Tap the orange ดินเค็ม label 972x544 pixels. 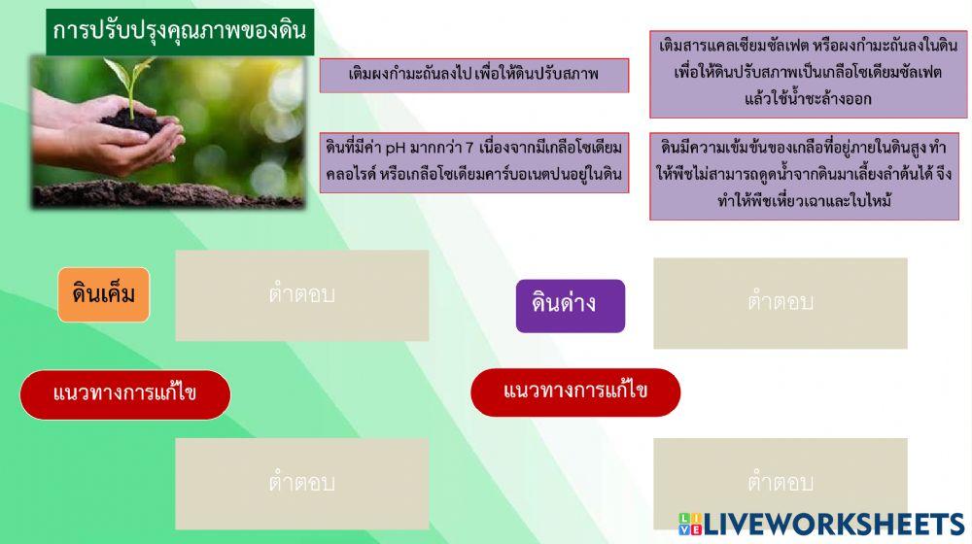[103, 294]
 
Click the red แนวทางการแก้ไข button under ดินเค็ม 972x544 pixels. [125, 394]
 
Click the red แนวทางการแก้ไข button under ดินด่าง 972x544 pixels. [575, 392]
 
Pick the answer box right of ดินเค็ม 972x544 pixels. [301, 295]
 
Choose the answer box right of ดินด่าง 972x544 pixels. [780, 303]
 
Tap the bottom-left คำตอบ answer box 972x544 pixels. [301, 483]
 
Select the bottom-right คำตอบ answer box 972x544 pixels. [780, 483]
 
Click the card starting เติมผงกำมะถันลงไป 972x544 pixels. [473, 75]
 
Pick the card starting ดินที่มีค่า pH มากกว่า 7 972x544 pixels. [473, 162]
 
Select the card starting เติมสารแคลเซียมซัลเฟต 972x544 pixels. [808, 74]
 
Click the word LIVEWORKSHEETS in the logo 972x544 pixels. [833, 525]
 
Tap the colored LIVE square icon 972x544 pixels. [689, 525]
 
